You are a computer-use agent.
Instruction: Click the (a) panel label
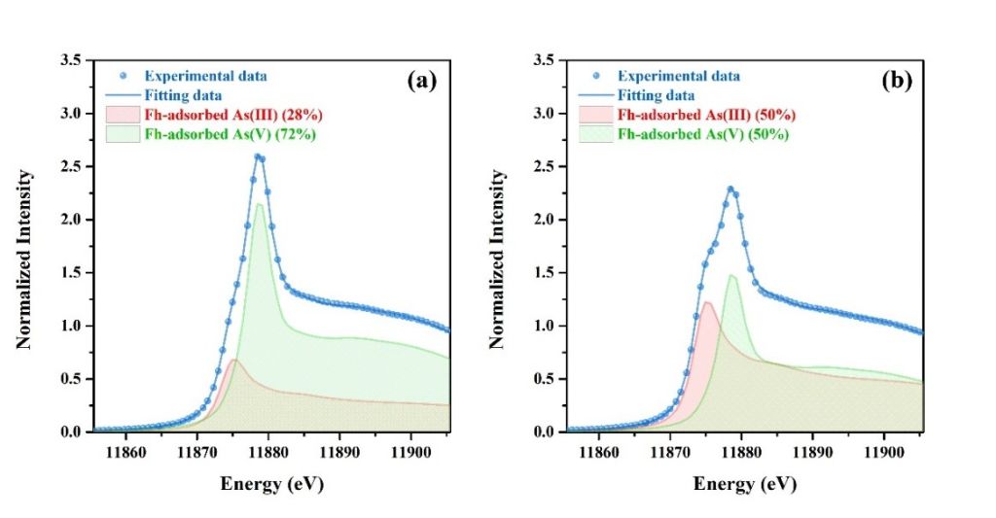coord(421,81)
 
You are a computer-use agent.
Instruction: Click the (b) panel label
coord(896,81)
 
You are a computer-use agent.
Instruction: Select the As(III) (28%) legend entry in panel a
coord(231,114)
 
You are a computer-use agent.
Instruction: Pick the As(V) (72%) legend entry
coord(230,134)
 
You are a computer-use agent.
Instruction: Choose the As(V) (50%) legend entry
coord(704,134)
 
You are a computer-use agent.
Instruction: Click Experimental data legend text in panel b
coord(679,76)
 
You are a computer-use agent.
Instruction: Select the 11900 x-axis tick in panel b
coord(884,452)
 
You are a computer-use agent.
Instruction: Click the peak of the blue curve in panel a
coord(258,155)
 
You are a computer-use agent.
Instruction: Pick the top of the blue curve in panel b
coord(730,189)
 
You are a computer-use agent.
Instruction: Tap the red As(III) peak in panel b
coord(707,302)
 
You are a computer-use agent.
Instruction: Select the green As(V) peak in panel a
coord(260,204)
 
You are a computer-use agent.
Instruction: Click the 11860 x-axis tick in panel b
coord(599,452)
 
